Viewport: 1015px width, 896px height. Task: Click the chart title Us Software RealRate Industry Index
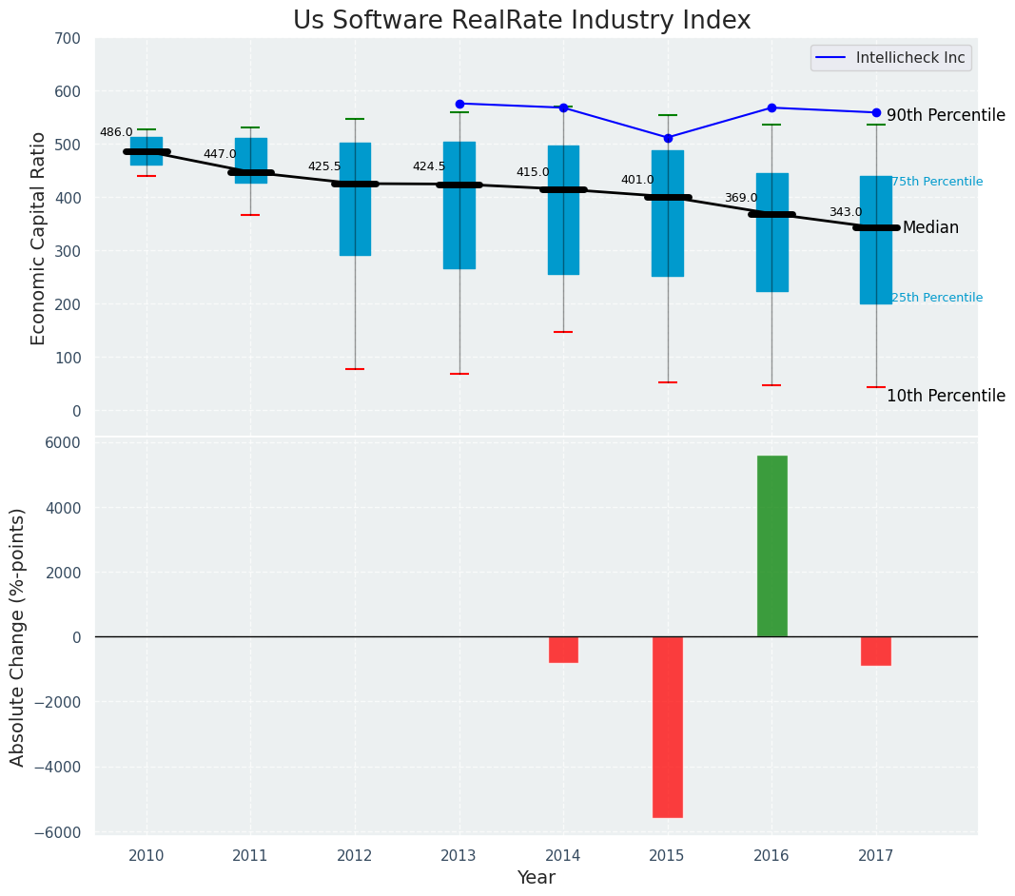[x=521, y=21]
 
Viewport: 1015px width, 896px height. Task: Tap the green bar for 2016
[x=771, y=546]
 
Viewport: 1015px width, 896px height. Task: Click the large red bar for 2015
[x=668, y=727]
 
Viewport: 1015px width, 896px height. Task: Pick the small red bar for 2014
[x=563, y=650]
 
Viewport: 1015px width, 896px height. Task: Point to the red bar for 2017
[x=876, y=651]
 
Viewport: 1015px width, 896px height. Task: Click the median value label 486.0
[x=116, y=133]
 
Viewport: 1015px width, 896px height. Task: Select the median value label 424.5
[x=429, y=167]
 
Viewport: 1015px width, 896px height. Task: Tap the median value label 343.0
[x=846, y=213]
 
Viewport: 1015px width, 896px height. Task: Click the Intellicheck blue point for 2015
[x=668, y=138]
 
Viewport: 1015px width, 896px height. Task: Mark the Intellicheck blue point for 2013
[x=459, y=104]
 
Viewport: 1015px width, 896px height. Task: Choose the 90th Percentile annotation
[x=946, y=116]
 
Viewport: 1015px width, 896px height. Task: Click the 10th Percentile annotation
[x=946, y=397]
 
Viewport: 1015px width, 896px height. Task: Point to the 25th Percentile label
[x=937, y=298]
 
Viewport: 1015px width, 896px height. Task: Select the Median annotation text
[x=930, y=228]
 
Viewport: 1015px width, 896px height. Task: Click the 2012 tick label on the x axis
[x=355, y=856]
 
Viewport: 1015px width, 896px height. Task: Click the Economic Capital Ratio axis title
[x=39, y=238]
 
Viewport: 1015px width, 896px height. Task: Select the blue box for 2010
[x=146, y=151]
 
